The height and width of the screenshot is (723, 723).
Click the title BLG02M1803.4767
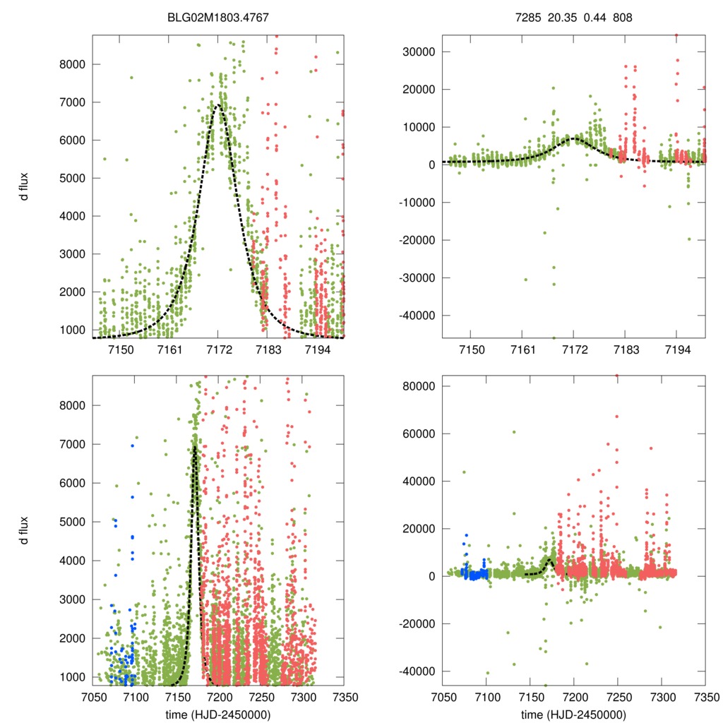click(x=218, y=14)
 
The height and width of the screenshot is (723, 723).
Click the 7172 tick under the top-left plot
click(x=218, y=350)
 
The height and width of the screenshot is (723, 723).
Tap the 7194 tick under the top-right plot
click(x=676, y=350)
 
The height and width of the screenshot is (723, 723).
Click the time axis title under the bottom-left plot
click(x=218, y=714)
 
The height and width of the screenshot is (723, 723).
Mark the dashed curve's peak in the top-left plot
click(x=217, y=105)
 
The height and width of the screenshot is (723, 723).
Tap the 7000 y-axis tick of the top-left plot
click(x=72, y=102)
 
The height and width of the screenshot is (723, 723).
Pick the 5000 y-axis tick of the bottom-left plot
click(x=72, y=522)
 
